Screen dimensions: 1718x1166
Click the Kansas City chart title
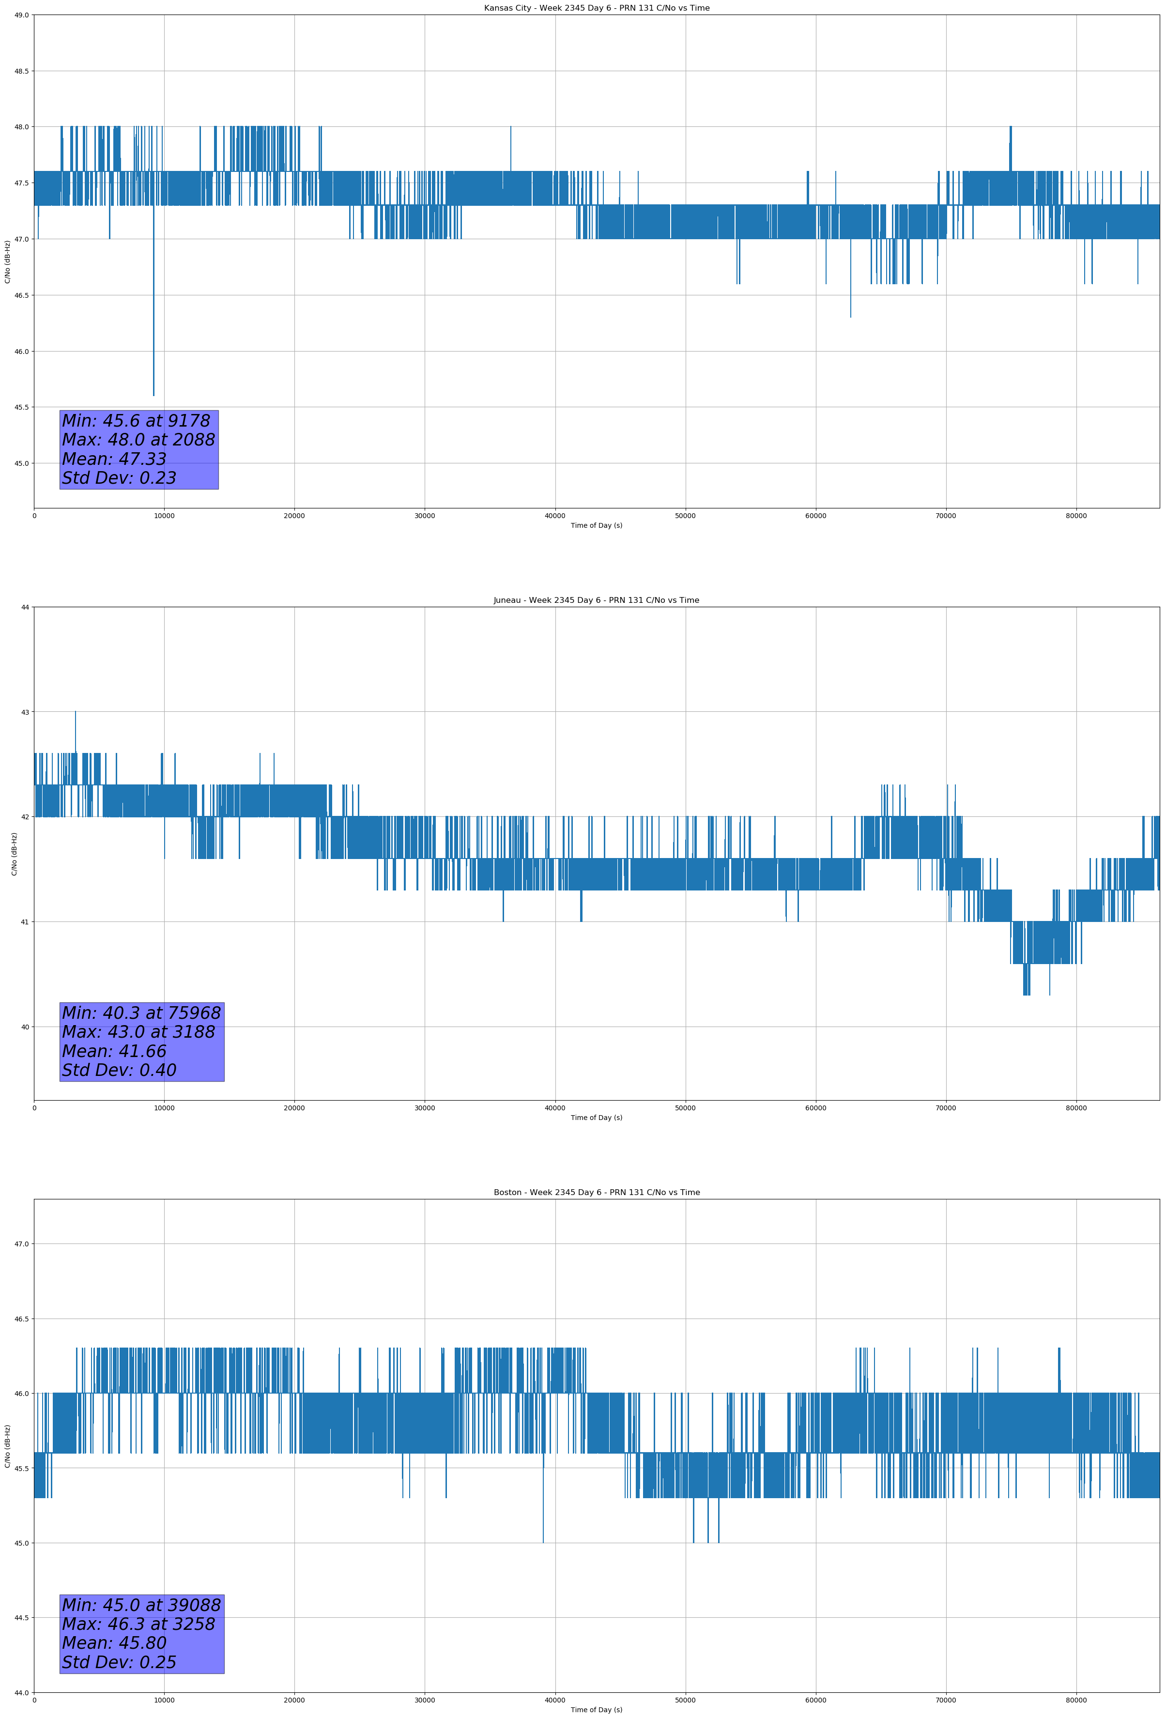tap(596, 8)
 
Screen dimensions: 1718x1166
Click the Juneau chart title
tap(596, 600)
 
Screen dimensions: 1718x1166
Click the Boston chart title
tap(596, 1193)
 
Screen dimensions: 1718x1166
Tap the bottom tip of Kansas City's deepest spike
tap(154, 395)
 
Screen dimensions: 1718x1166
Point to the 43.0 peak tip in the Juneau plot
tap(76, 713)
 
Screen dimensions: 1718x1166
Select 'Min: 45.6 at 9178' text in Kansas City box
tap(136, 421)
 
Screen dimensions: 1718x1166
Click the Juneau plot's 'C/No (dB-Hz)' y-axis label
tap(14, 854)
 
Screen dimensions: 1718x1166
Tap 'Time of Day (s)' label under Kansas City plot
tap(596, 525)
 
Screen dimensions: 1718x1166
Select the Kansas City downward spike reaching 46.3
tap(850, 316)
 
